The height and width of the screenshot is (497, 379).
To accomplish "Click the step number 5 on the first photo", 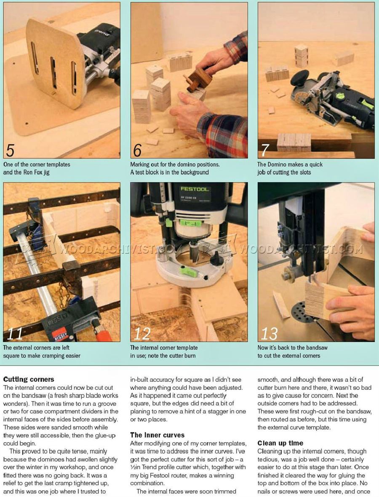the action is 10,150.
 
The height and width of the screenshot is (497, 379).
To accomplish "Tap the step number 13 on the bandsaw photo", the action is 269,333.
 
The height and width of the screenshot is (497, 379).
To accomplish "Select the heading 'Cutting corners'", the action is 29,379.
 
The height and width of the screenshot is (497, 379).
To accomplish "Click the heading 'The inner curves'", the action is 157,435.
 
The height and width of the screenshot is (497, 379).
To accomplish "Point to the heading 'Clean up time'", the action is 280,443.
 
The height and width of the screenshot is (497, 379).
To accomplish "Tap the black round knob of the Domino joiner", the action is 299,78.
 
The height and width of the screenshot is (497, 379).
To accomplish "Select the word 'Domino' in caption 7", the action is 279,165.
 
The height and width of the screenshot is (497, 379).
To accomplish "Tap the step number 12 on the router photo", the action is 142,333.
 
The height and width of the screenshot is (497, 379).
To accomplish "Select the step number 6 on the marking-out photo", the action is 137,150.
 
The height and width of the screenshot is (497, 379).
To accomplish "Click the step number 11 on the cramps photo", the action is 15,333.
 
